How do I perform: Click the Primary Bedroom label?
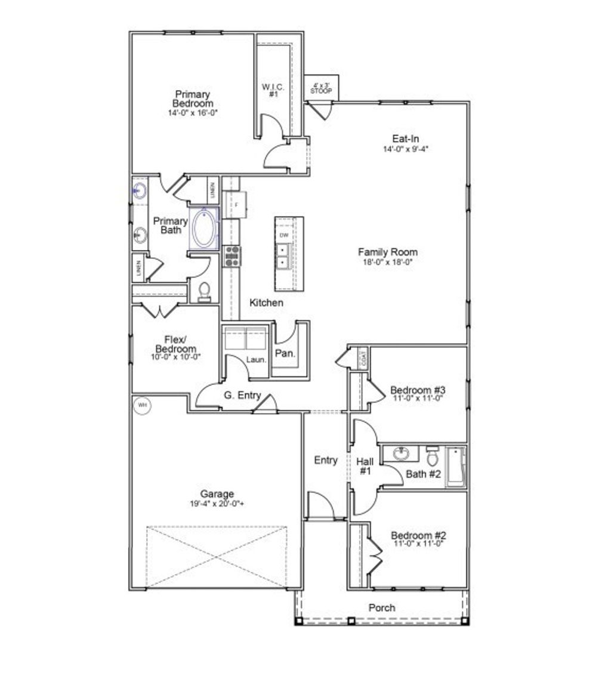pos(192,99)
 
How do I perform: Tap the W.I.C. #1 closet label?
pos(273,90)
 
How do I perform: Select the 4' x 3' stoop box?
pos(321,88)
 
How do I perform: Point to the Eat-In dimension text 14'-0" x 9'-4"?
pos(406,149)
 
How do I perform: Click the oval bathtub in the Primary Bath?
pos(204,229)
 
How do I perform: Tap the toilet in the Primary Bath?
pos(204,291)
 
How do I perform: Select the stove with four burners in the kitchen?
pos(232,255)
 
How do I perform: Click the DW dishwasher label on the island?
pos(283,235)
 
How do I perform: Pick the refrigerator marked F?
pos(237,205)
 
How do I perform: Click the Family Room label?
pos(387,252)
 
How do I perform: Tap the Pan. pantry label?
pos(285,353)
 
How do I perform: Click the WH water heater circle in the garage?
pos(142,405)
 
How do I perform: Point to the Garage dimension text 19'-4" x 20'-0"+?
pos(217,503)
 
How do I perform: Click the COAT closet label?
pos(363,358)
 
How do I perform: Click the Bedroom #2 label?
pos(419,535)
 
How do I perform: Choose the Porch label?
pos(382,607)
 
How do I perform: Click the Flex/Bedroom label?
pos(175,344)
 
